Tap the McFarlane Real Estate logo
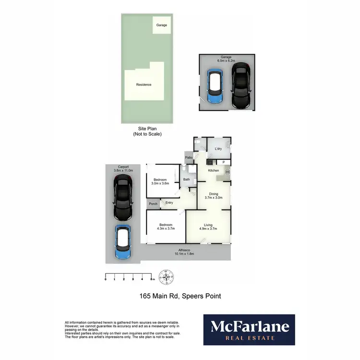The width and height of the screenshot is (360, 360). [249, 330]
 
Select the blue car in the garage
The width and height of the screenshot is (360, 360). [214, 87]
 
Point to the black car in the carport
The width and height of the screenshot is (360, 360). [123, 197]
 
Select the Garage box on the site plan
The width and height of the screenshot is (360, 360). [162, 24]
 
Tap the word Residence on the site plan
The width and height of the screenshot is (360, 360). [144, 84]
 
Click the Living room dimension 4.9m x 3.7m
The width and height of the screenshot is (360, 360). [208, 229]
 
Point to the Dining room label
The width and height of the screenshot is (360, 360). [214, 193]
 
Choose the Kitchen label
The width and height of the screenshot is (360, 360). [213, 170]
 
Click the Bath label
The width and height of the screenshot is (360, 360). [186, 180]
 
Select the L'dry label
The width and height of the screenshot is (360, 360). [218, 149]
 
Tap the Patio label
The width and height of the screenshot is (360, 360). [189, 157]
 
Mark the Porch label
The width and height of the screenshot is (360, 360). [153, 204]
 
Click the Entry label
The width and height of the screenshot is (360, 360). [169, 203]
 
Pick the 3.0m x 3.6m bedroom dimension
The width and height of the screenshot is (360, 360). [160, 183]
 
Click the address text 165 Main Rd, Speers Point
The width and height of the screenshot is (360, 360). [180, 296]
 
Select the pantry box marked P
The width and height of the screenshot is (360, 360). [223, 162]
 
